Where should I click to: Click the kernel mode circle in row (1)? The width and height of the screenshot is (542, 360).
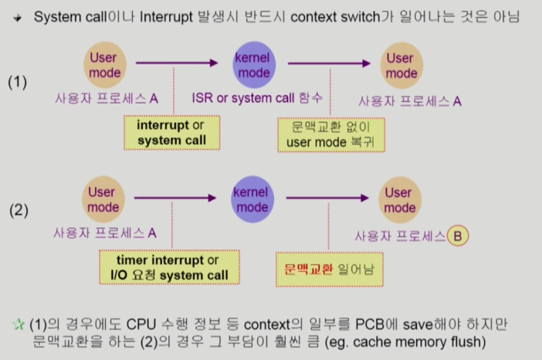pyautogui.click(x=254, y=65)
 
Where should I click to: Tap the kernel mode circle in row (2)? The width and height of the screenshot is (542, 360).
pyautogui.click(x=252, y=199)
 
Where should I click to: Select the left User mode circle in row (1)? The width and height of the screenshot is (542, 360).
pyautogui.click(x=105, y=65)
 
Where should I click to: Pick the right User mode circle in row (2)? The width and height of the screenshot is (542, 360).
pyautogui.click(x=400, y=200)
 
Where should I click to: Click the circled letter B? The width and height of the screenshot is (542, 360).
pyautogui.click(x=458, y=236)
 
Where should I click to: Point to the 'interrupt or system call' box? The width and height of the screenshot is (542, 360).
pyautogui.click(x=172, y=133)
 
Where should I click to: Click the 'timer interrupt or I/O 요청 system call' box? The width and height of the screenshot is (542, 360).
pyautogui.click(x=169, y=267)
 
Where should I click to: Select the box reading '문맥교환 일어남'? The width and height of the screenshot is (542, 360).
pyautogui.click(x=330, y=270)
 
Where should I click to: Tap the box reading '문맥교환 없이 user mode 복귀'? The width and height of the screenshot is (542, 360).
pyautogui.click(x=331, y=135)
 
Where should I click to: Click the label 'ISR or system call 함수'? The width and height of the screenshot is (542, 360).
pyautogui.click(x=257, y=98)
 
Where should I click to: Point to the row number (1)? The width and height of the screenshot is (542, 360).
pyautogui.click(x=17, y=83)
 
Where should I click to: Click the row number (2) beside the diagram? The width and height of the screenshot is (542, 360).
pyautogui.click(x=19, y=210)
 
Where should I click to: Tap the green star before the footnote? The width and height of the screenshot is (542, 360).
pyautogui.click(x=19, y=324)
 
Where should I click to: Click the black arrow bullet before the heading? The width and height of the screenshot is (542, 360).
pyautogui.click(x=17, y=18)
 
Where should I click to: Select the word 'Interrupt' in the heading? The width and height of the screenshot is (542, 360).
pyautogui.click(x=166, y=17)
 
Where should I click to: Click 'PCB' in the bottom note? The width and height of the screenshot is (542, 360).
pyautogui.click(x=370, y=324)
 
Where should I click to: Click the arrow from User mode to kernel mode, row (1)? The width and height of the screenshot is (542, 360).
pyautogui.click(x=177, y=63)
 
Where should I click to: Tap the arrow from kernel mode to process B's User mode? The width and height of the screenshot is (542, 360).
pyautogui.click(x=327, y=198)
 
